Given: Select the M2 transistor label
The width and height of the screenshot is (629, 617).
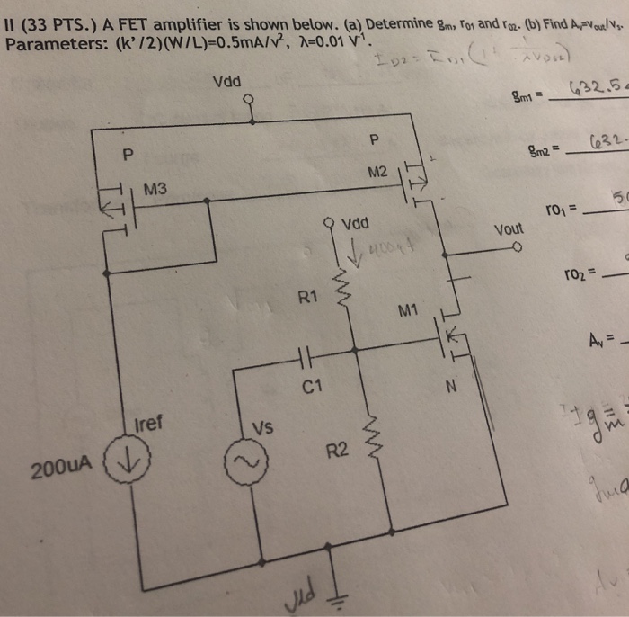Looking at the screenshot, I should pyautogui.click(x=378, y=171).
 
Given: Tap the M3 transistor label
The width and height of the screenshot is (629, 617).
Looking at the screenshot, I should pyautogui.click(x=155, y=189).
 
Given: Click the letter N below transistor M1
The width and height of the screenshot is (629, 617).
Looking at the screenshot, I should pyautogui.click(x=452, y=389).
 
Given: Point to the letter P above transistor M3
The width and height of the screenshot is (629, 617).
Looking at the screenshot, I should pyautogui.click(x=127, y=155).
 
